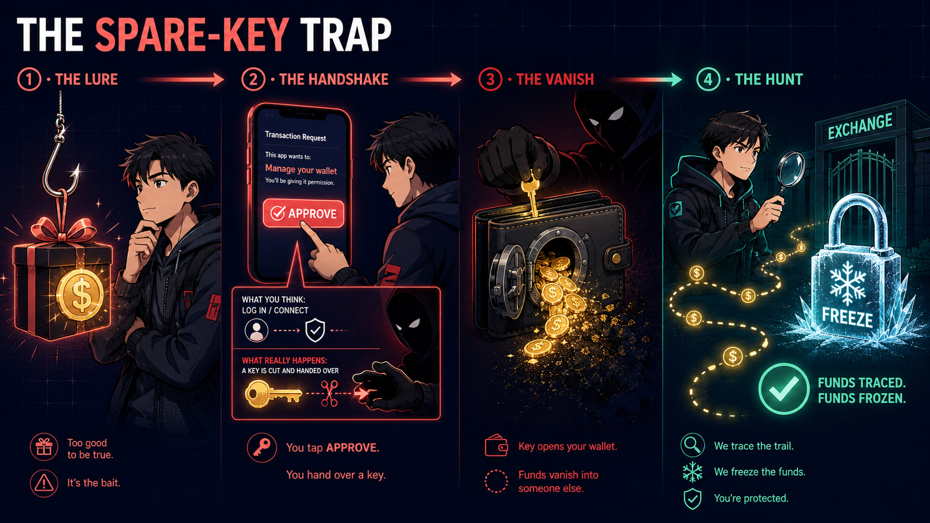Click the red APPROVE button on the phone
coord(304,213)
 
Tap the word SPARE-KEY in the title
coord(192,34)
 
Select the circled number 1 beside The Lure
coord(29,79)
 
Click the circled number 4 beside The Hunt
coord(708,79)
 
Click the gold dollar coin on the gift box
coord(80,295)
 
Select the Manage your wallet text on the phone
coord(301,169)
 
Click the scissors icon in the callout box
coord(329,393)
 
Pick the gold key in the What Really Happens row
coord(273,394)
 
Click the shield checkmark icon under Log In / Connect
coord(315,330)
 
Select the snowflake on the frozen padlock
coord(847,285)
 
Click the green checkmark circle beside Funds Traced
coord(784,389)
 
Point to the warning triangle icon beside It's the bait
coord(43,483)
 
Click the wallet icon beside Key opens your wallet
coord(496,446)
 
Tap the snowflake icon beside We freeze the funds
coord(692,472)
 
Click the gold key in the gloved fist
coord(530,195)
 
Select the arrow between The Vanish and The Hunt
coord(647,79)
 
